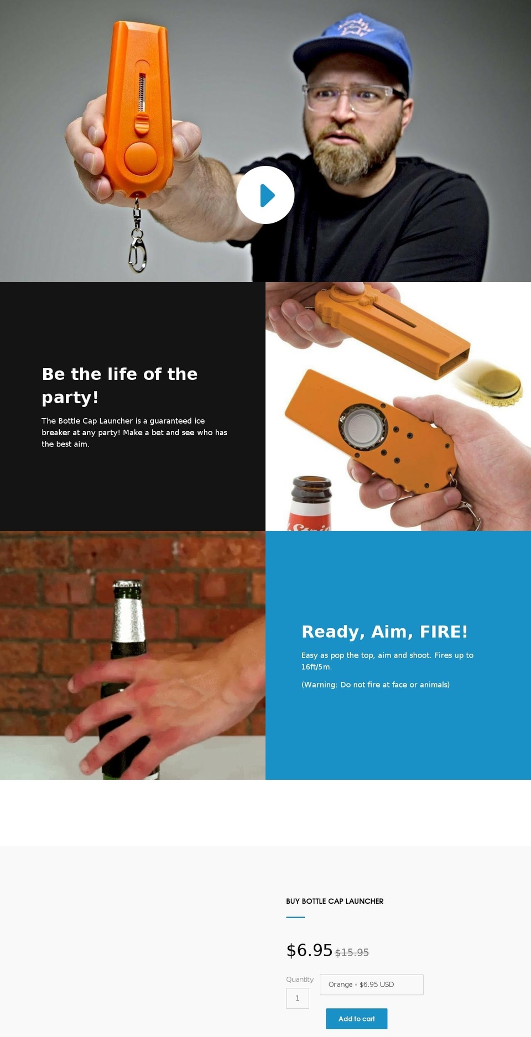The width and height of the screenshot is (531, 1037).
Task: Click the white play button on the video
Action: click(x=265, y=195)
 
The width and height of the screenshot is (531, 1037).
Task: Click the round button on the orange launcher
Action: click(x=140, y=158)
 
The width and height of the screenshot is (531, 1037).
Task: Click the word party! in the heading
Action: click(x=70, y=397)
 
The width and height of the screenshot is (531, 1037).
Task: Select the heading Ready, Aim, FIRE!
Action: click(x=384, y=632)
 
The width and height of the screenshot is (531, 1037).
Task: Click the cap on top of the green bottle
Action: click(x=127, y=585)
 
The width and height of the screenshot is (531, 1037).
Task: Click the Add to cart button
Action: click(x=357, y=1019)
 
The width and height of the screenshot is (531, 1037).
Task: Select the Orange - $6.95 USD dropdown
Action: click(x=372, y=984)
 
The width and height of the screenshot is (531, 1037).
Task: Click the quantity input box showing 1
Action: click(x=298, y=998)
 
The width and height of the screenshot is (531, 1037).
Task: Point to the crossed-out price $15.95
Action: click(x=352, y=952)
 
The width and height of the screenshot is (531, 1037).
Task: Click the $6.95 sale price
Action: click(x=309, y=950)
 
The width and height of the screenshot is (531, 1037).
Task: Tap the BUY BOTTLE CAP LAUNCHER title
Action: click(x=335, y=901)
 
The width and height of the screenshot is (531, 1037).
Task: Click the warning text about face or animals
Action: click(x=376, y=685)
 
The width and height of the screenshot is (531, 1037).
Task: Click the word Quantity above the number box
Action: click(x=300, y=979)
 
